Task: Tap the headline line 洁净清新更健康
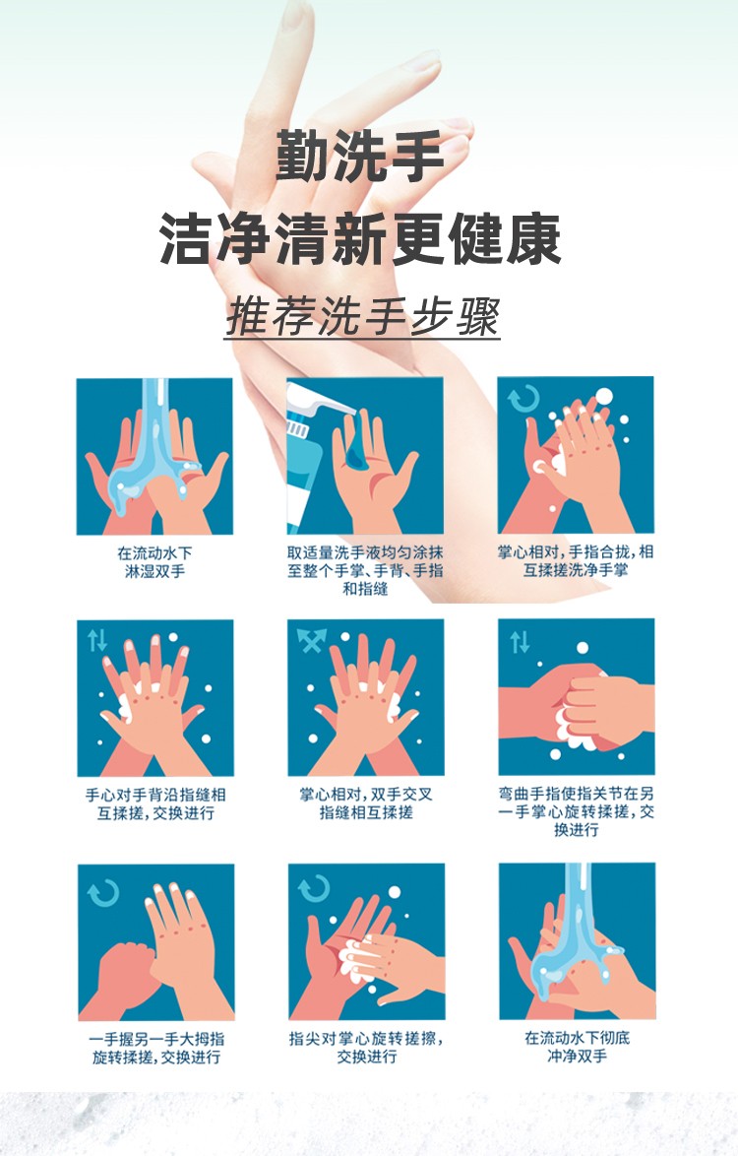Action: coord(360,239)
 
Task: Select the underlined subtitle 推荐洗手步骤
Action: coord(362,317)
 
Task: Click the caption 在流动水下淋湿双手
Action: coord(154,562)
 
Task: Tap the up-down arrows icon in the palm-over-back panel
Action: coord(97,640)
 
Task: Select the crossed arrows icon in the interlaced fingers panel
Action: coord(311,640)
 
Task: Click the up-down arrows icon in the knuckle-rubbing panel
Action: coord(520,642)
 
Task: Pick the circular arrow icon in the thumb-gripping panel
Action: coord(103,893)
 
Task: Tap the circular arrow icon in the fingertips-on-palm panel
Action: coord(314,889)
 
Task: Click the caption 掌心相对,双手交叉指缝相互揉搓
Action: coord(366,803)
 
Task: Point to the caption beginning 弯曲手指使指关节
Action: coord(576,811)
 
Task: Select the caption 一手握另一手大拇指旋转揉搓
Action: coord(156,1048)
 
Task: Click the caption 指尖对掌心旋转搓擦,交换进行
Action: coord(366,1047)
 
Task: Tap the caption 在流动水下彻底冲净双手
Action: coord(577,1047)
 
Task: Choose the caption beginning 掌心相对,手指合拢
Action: coord(576,561)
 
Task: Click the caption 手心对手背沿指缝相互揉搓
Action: coord(155,803)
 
